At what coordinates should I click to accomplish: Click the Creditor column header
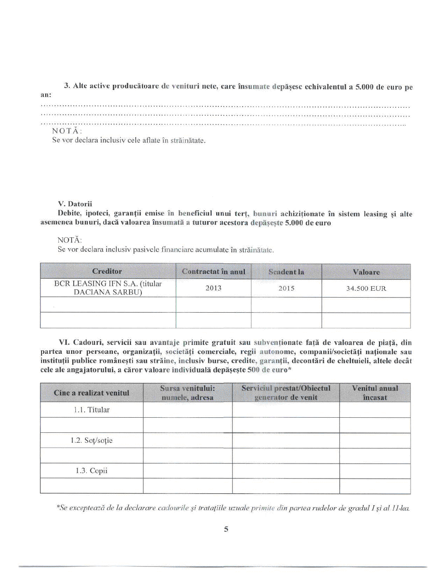tap(107, 271)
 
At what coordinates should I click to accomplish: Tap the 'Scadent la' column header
tap(286, 272)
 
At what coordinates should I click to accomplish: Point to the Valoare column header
tap(366, 272)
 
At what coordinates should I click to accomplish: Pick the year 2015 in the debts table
tap(286, 288)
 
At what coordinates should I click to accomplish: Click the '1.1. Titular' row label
tap(91, 410)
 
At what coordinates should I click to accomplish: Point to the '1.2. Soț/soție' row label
tap(91, 441)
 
